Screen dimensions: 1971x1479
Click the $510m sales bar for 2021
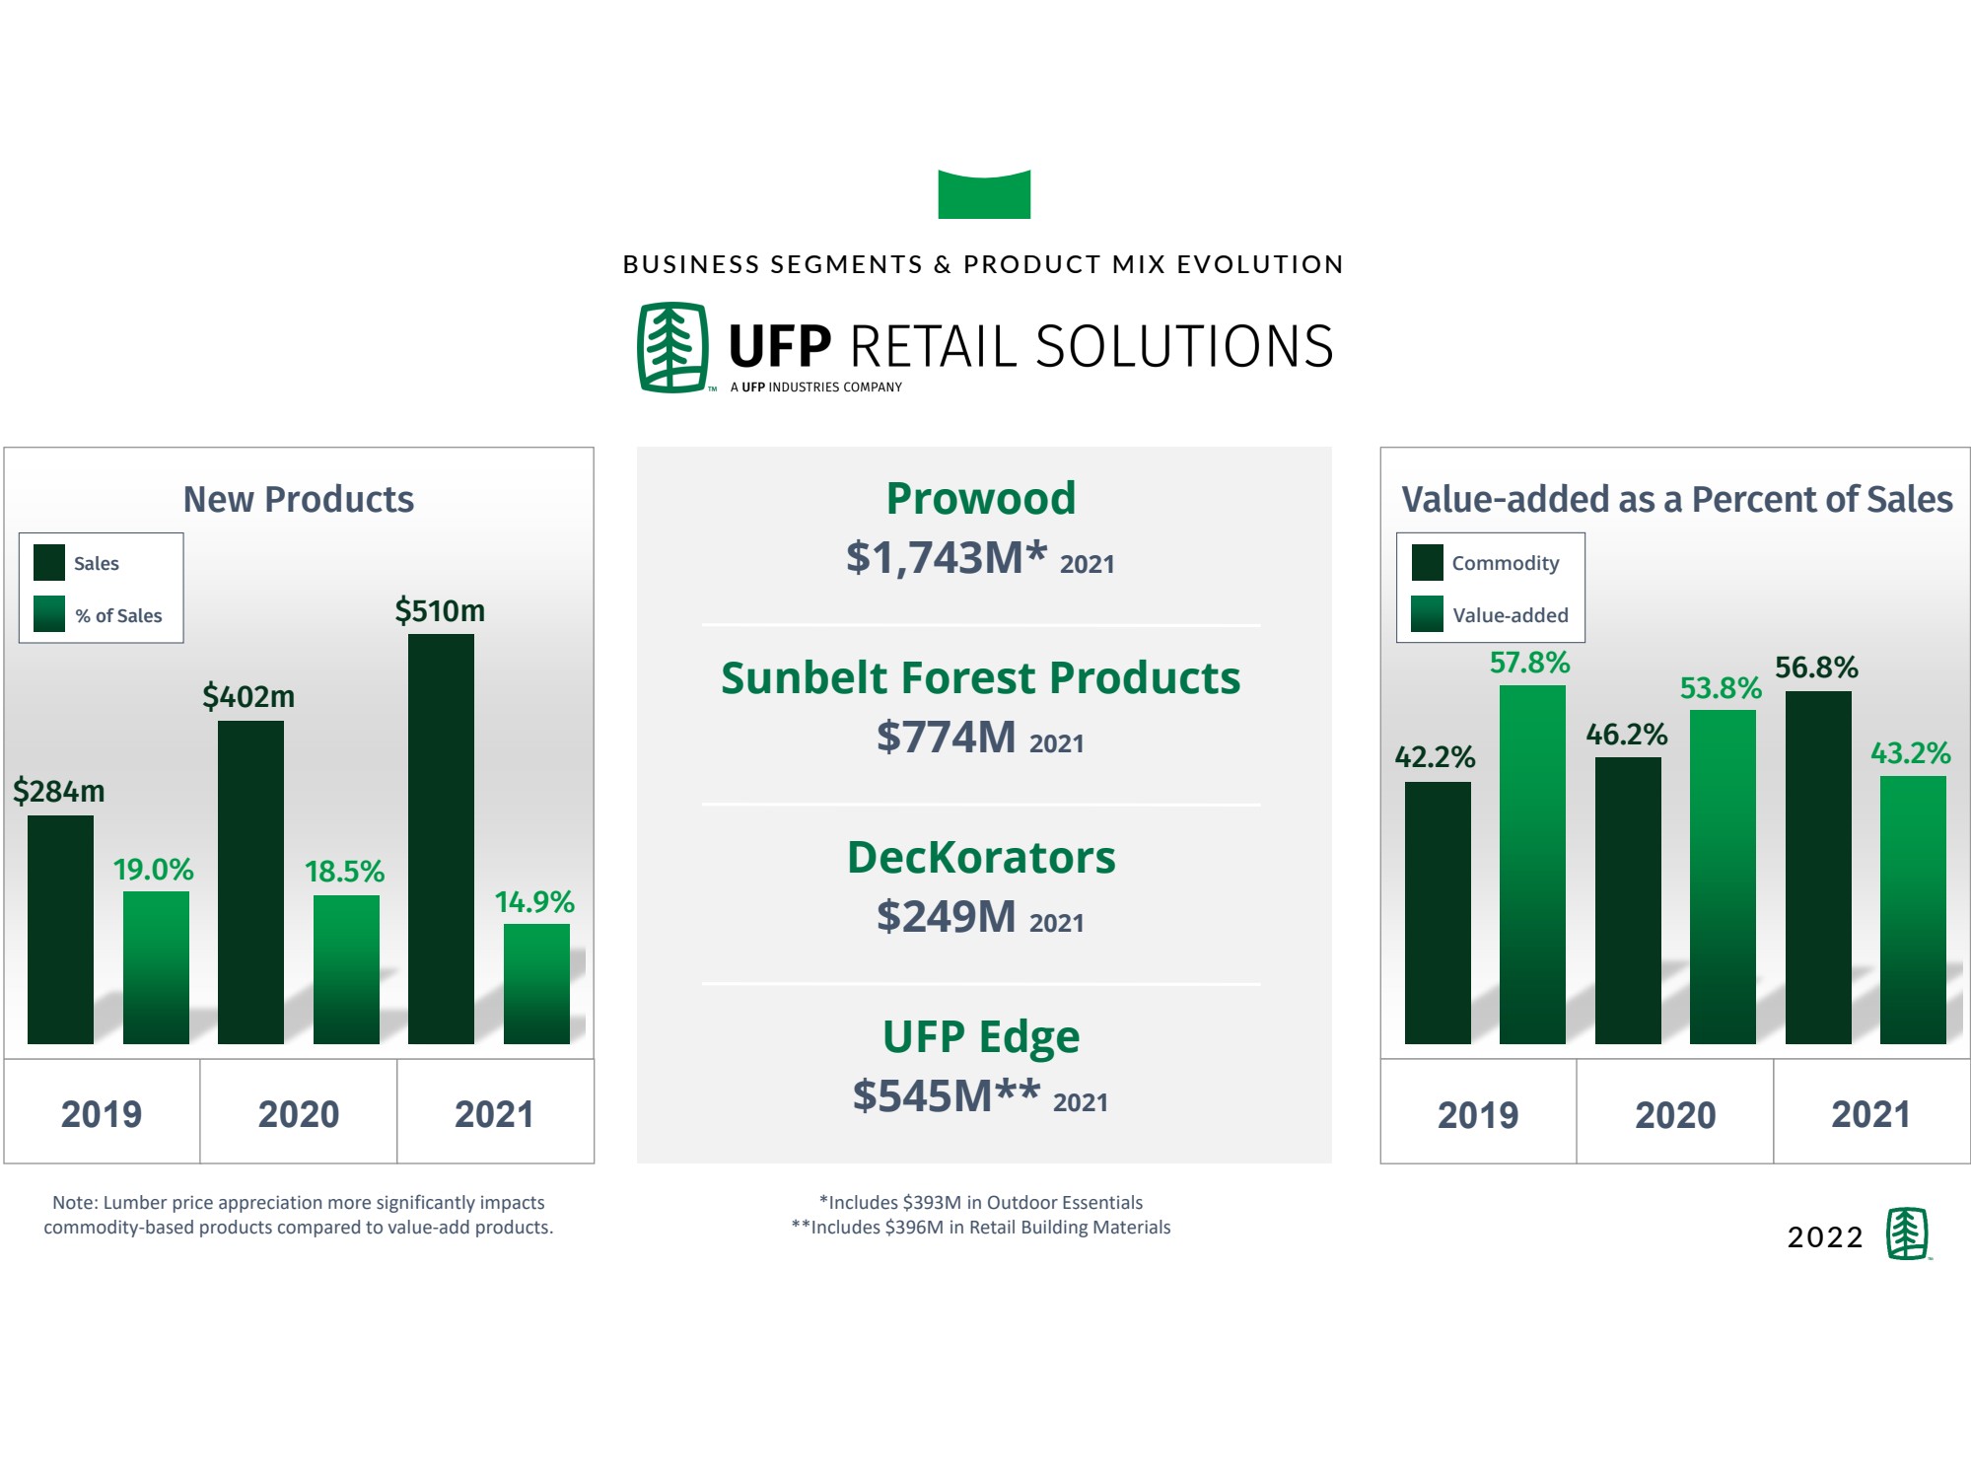441,838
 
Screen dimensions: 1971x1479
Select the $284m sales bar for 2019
60,929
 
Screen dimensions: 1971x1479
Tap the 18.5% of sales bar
346,969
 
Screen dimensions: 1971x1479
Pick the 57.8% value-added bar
1532,864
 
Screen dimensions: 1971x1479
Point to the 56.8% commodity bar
1818,867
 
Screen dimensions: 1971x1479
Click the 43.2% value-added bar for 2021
1913,909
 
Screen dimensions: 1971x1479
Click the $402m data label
248,697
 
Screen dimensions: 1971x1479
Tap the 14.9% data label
534,901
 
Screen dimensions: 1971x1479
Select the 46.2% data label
1627,734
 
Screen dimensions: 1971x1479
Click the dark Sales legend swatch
49,562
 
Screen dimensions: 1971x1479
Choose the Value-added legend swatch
1427,613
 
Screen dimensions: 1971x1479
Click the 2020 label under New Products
299,1114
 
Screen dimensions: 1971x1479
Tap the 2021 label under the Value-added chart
1870,1114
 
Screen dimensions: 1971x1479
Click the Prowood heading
981,498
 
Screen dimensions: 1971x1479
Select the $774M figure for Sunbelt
947,737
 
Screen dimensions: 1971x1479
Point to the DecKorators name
981,857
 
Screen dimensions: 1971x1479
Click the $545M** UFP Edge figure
947,1095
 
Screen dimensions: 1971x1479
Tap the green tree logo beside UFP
672,347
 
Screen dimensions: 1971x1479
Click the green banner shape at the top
984,194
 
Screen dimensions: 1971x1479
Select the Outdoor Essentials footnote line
981,1202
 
